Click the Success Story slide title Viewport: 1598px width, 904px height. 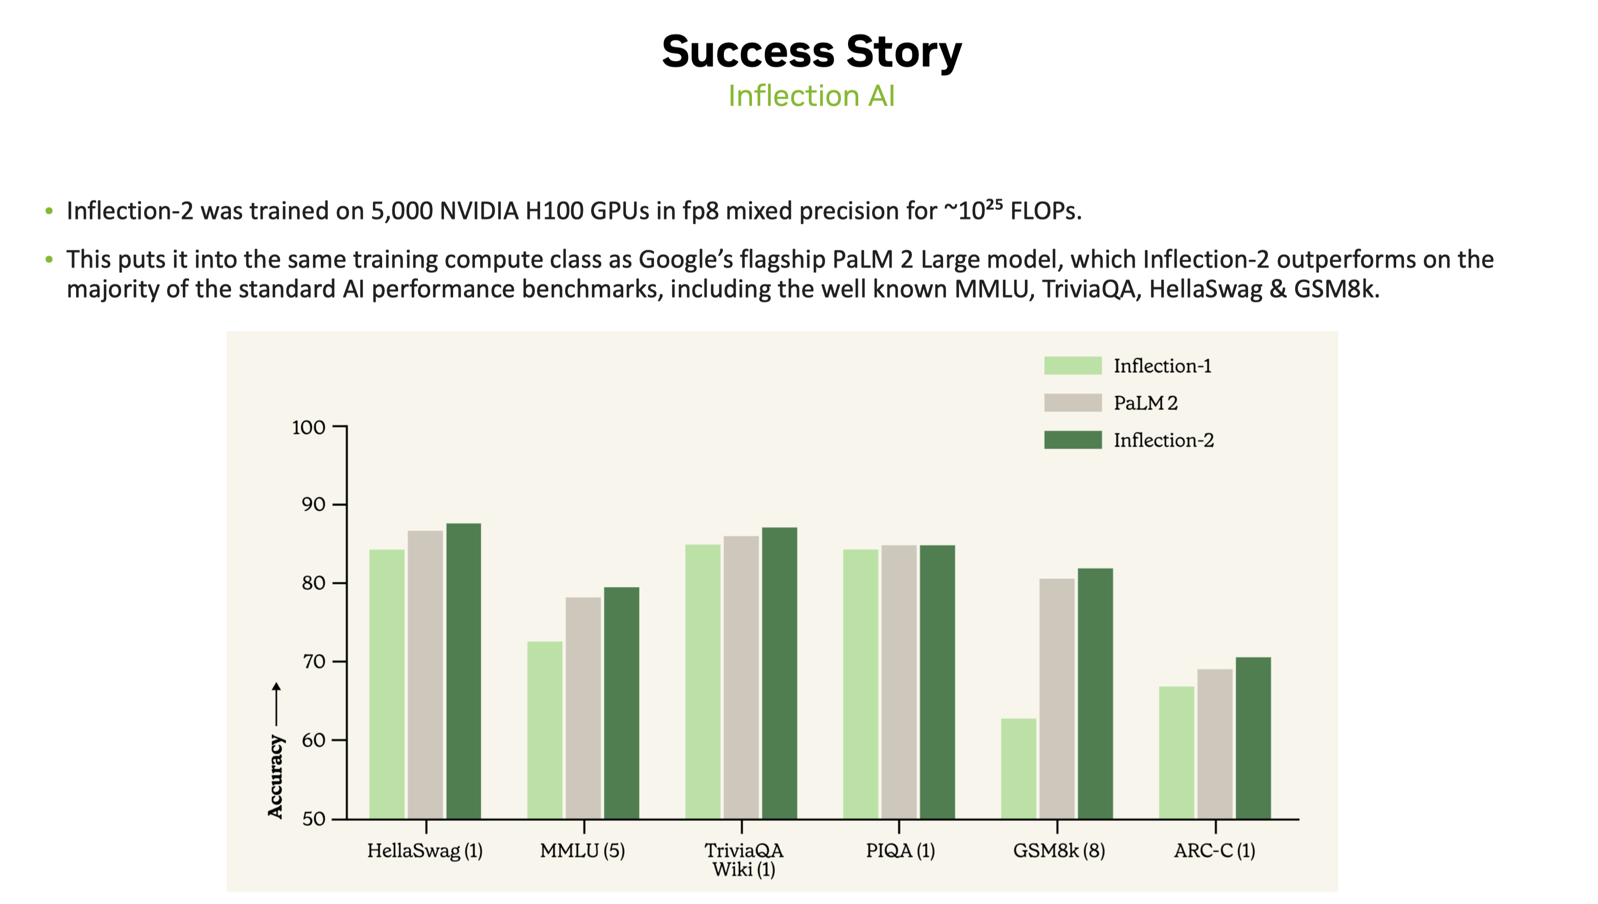click(x=811, y=52)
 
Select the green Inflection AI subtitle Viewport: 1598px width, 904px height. click(x=811, y=96)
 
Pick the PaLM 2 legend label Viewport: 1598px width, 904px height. click(x=1145, y=403)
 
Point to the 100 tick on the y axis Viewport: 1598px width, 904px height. click(x=309, y=427)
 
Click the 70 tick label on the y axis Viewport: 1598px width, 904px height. click(x=313, y=662)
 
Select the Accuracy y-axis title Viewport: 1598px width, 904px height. click(x=275, y=776)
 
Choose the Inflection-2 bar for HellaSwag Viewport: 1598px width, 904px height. click(x=463, y=671)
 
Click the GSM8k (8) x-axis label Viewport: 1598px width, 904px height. click(x=1059, y=850)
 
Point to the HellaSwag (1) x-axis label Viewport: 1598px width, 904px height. click(x=425, y=850)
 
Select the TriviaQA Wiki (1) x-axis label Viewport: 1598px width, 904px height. click(x=743, y=859)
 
